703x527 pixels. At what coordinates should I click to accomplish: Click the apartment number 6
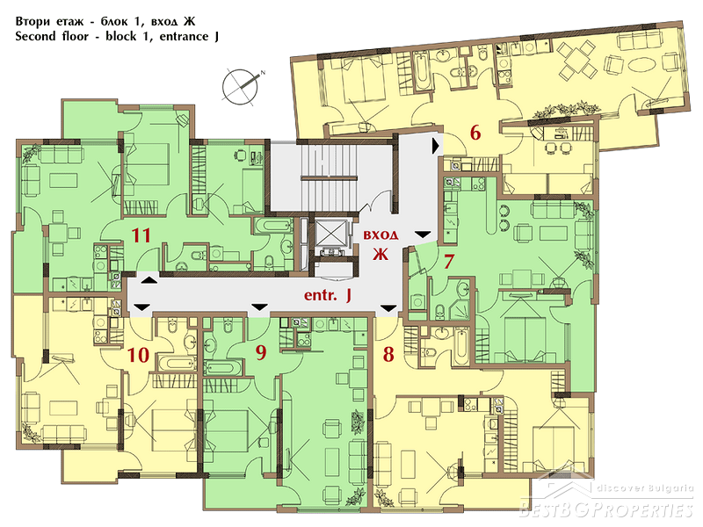475,133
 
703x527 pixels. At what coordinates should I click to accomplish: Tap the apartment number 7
449,262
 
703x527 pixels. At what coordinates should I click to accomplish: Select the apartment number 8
388,354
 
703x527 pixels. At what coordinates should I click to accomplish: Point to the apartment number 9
261,352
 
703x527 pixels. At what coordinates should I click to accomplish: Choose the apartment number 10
139,355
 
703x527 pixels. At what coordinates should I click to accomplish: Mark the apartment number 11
141,235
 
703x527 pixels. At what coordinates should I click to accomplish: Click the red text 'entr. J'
327,295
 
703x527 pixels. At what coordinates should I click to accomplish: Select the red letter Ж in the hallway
380,254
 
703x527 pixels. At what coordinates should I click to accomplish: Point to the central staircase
330,177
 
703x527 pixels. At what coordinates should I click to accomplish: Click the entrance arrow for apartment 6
435,146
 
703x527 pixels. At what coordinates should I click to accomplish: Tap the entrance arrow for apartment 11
149,280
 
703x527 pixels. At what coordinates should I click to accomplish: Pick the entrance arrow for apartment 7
423,235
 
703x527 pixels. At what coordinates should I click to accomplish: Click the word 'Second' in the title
33,36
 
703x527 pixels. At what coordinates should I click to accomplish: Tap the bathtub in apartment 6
422,71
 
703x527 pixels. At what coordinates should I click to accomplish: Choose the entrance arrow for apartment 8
388,308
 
